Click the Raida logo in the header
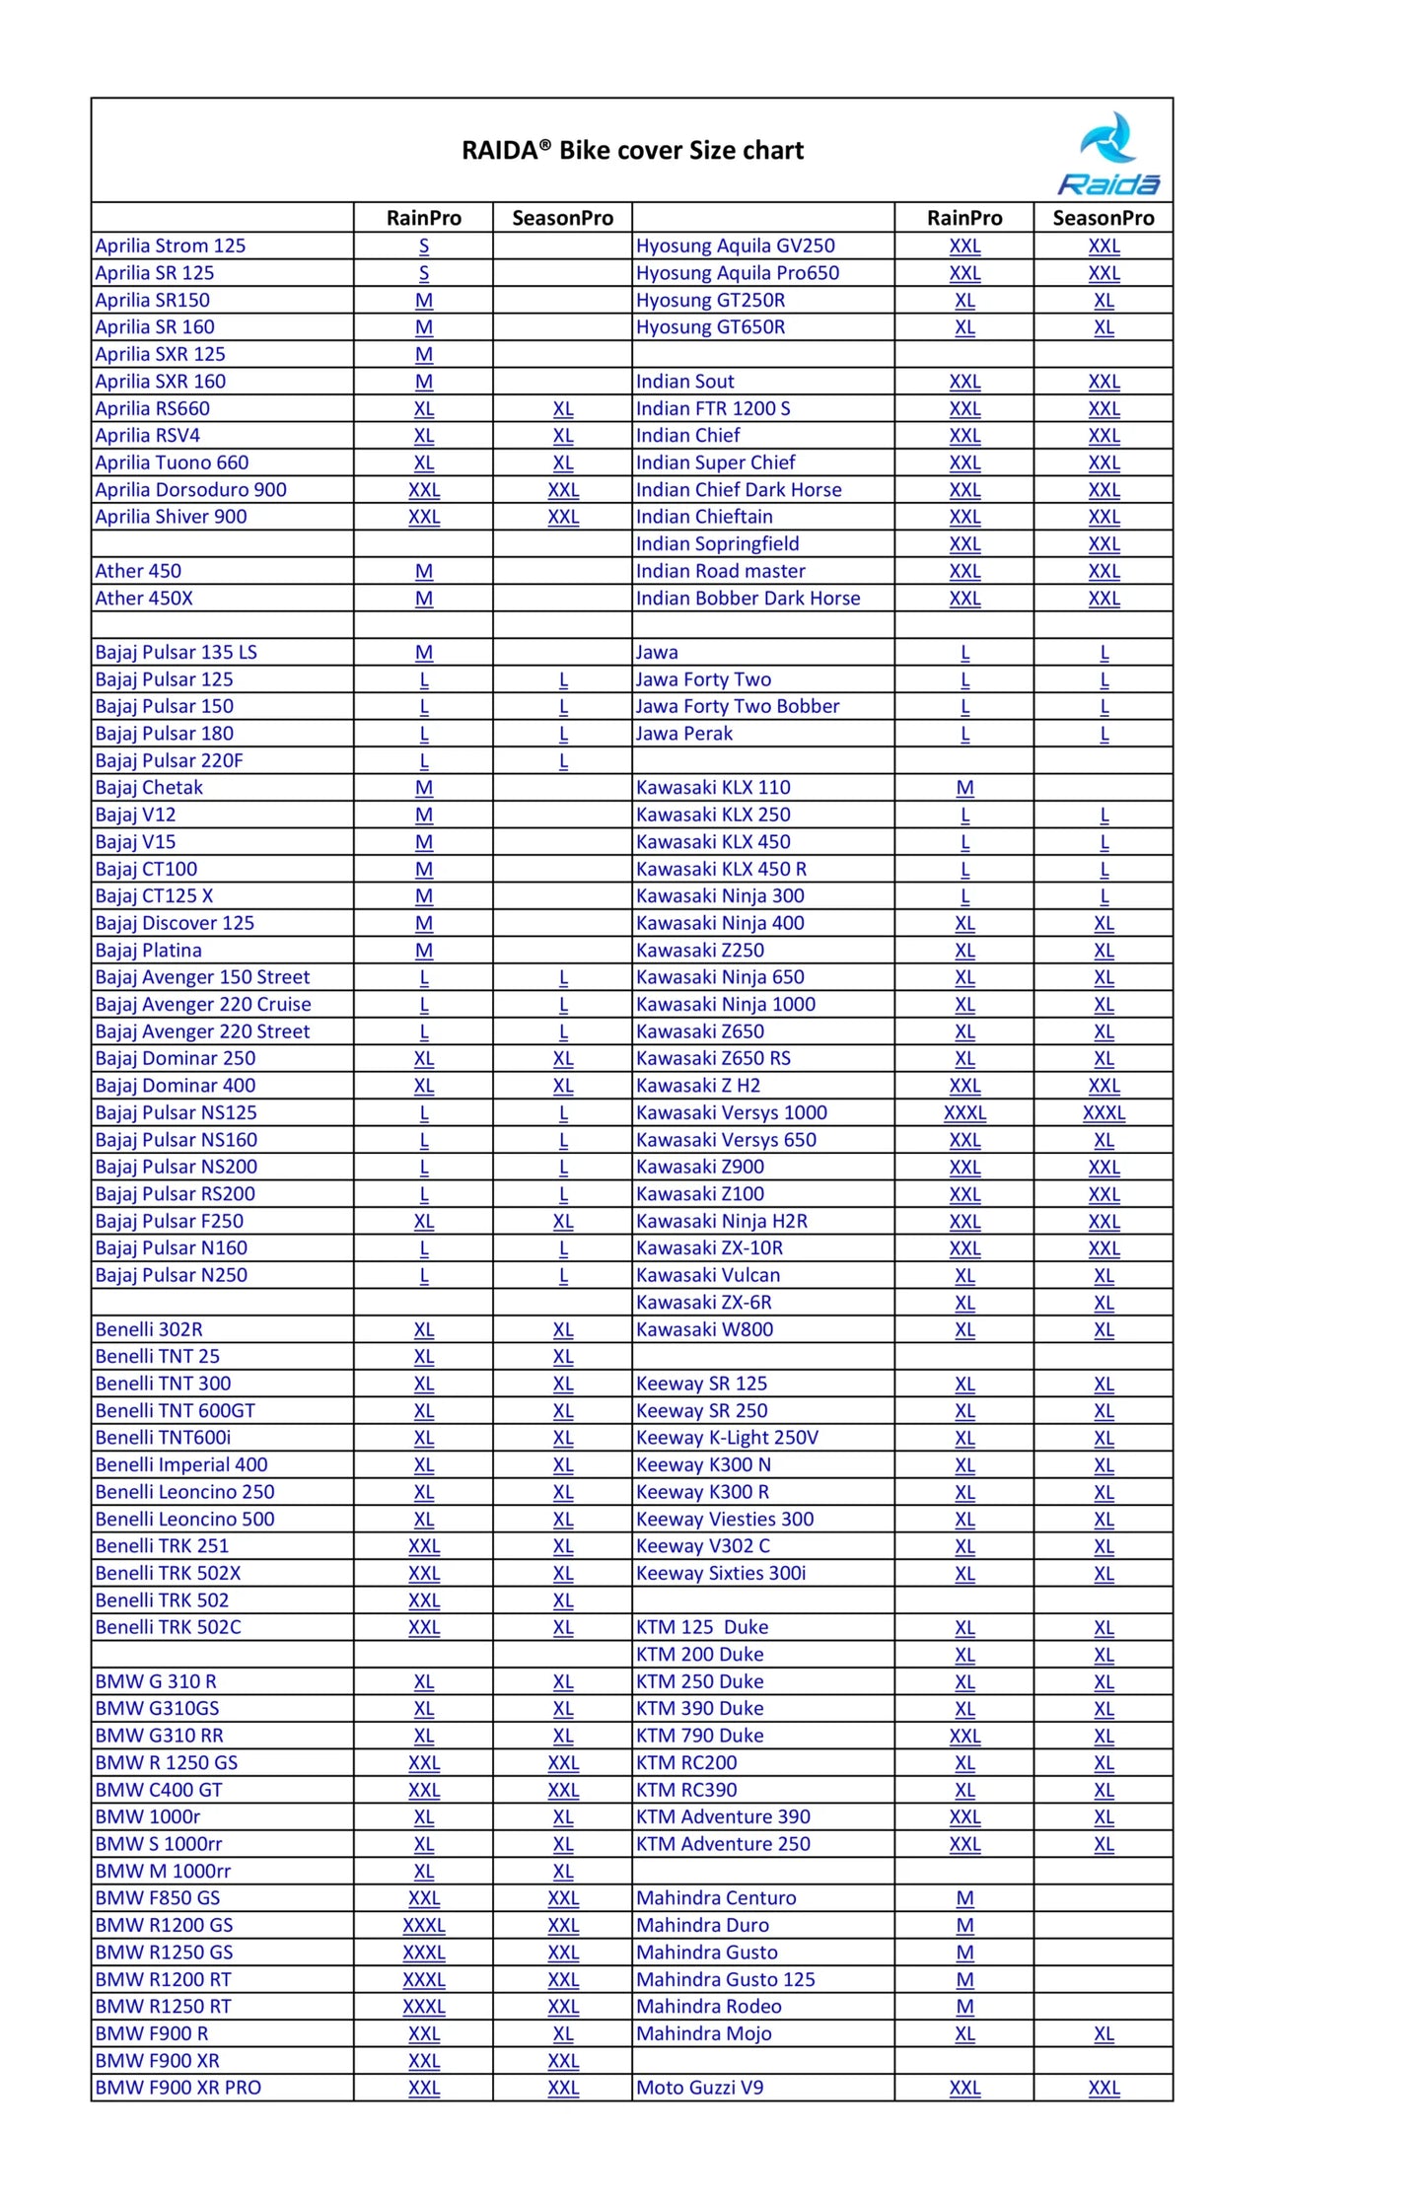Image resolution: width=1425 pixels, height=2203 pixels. point(1108,153)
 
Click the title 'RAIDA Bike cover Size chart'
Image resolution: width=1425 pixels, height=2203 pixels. point(632,151)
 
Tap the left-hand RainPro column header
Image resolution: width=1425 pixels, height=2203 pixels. point(423,218)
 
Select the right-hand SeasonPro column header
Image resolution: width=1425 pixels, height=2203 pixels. point(1103,218)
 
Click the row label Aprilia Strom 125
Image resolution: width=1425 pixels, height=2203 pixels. point(170,246)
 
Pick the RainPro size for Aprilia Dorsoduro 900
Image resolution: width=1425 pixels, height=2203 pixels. point(424,490)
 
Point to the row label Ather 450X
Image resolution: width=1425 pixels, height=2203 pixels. point(144,599)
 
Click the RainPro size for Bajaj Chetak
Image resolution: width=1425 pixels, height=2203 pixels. point(424,788)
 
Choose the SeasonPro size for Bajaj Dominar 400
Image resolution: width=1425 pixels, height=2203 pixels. point(563,1086)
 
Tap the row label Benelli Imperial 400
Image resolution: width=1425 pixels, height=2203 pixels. point(181,1465)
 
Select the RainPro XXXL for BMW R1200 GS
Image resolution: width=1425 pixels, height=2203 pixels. point(424,1925)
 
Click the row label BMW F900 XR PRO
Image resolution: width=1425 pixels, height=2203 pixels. point(178,2088)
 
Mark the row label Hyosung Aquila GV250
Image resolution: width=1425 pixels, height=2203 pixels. point(735,246)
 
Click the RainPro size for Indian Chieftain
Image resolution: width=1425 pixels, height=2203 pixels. point(964,517)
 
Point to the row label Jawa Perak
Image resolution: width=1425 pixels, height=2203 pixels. point(683,734)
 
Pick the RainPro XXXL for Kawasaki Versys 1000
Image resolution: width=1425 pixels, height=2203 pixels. point(964,1113)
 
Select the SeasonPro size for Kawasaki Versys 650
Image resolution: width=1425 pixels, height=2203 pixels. point(1104,1140)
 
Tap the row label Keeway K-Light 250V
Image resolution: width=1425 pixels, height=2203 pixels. point(727,1438)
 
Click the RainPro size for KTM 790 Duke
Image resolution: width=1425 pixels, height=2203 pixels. point(964,1736)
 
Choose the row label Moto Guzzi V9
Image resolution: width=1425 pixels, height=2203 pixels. point(699,2088)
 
